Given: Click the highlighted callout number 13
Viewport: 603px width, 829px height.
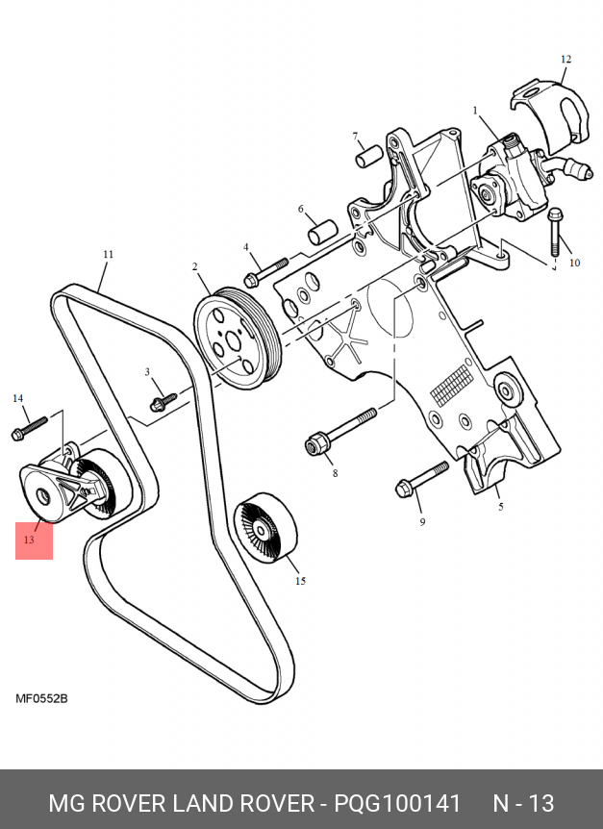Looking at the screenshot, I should (x=30, y=540).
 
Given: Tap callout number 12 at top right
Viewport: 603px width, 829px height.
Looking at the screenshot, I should (x=565, y=60).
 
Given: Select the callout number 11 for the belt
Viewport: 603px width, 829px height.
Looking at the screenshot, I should (x=108, y=255).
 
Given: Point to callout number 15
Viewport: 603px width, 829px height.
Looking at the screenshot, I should (x=300, y=581).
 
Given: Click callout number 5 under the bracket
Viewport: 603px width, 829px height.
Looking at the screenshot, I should (x=500, y=507).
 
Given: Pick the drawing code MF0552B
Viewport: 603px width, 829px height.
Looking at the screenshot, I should (x=41, y=698).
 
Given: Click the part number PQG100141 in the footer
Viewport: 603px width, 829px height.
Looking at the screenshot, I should (x=397, y=803).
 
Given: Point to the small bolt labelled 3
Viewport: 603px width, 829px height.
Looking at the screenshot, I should (x=163, y=397).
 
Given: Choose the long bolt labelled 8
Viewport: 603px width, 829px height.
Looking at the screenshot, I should (x=341, y=430).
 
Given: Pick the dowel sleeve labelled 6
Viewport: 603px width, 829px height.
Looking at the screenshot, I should (x=319, y=231).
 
